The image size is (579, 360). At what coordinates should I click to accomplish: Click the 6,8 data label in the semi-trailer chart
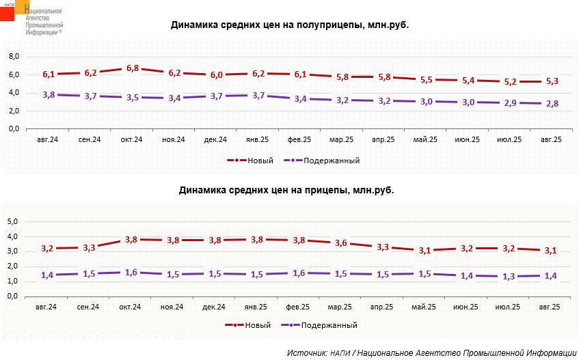(x=133, y=68)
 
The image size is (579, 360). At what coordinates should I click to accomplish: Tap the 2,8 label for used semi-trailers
(x=552, y=103)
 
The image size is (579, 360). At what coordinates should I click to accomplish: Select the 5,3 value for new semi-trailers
(x=552, y=81)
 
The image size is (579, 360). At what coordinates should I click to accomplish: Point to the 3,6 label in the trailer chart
(x=341, y=243)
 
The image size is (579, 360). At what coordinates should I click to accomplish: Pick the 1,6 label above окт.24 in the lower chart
(x=132, y=273)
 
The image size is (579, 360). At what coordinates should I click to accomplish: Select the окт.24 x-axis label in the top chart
(x=131, y=140)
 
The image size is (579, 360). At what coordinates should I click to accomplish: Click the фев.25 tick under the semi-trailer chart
(x=299, y=140)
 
